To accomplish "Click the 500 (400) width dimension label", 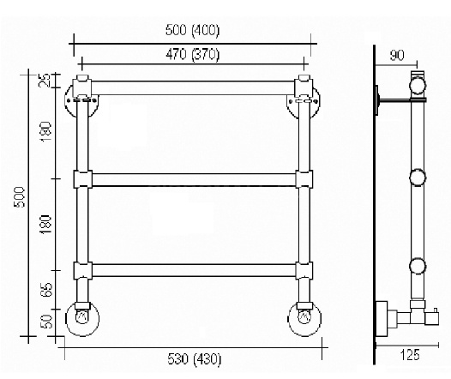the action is point(192,30).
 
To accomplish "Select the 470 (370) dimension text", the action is point(192,54).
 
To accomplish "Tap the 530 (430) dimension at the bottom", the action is point(195,359).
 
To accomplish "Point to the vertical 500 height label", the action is point(20,197).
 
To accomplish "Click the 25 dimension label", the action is point(45,81).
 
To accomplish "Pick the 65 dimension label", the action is point(46,290).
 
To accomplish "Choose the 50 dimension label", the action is point(46,322).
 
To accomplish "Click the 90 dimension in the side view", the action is point(397,55).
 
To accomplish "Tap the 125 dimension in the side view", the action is point(410,355).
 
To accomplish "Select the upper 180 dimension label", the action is point(45,131).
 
